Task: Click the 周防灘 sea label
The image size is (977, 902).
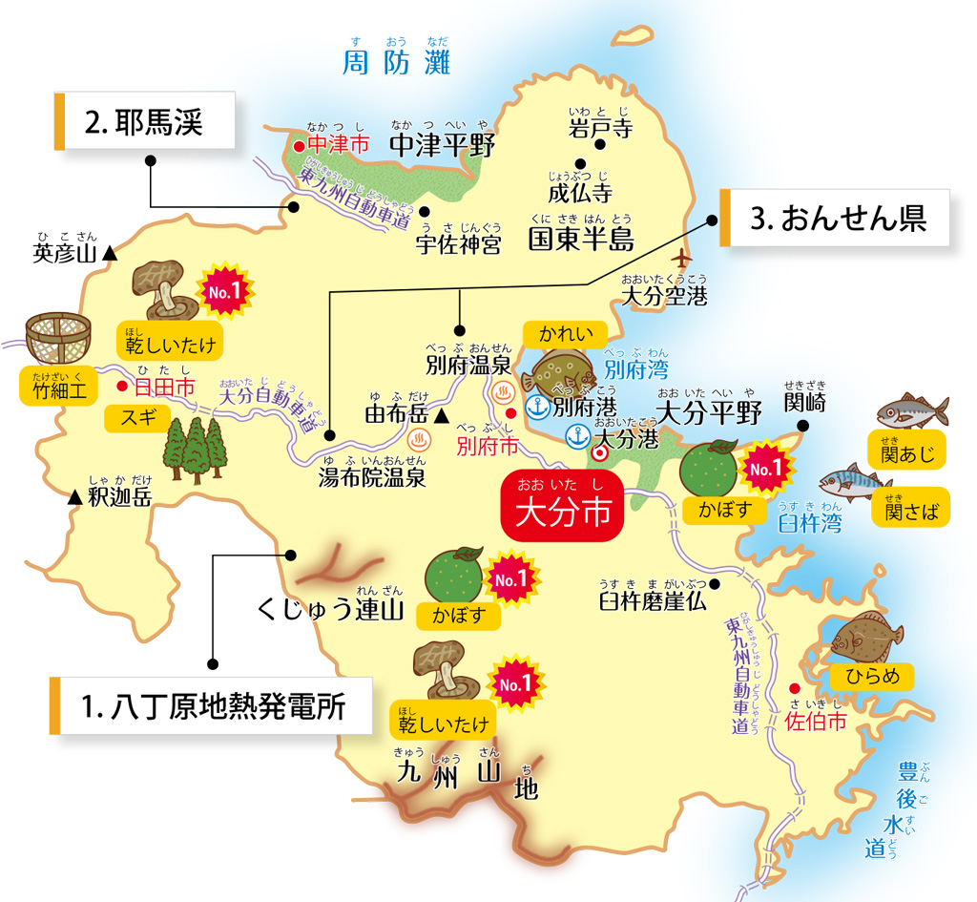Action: point(396,63)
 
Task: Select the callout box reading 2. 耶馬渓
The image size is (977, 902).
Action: point(145,121)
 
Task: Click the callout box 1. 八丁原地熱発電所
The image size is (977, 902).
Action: point(212,706)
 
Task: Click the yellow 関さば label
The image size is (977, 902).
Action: point(911,511)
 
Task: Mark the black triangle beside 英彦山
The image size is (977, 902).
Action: point(111,254)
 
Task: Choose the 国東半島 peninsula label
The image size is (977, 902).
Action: point(581,238)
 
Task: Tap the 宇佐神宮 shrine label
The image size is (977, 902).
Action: point(458,245)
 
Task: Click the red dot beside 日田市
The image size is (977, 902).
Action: point(121,387)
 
